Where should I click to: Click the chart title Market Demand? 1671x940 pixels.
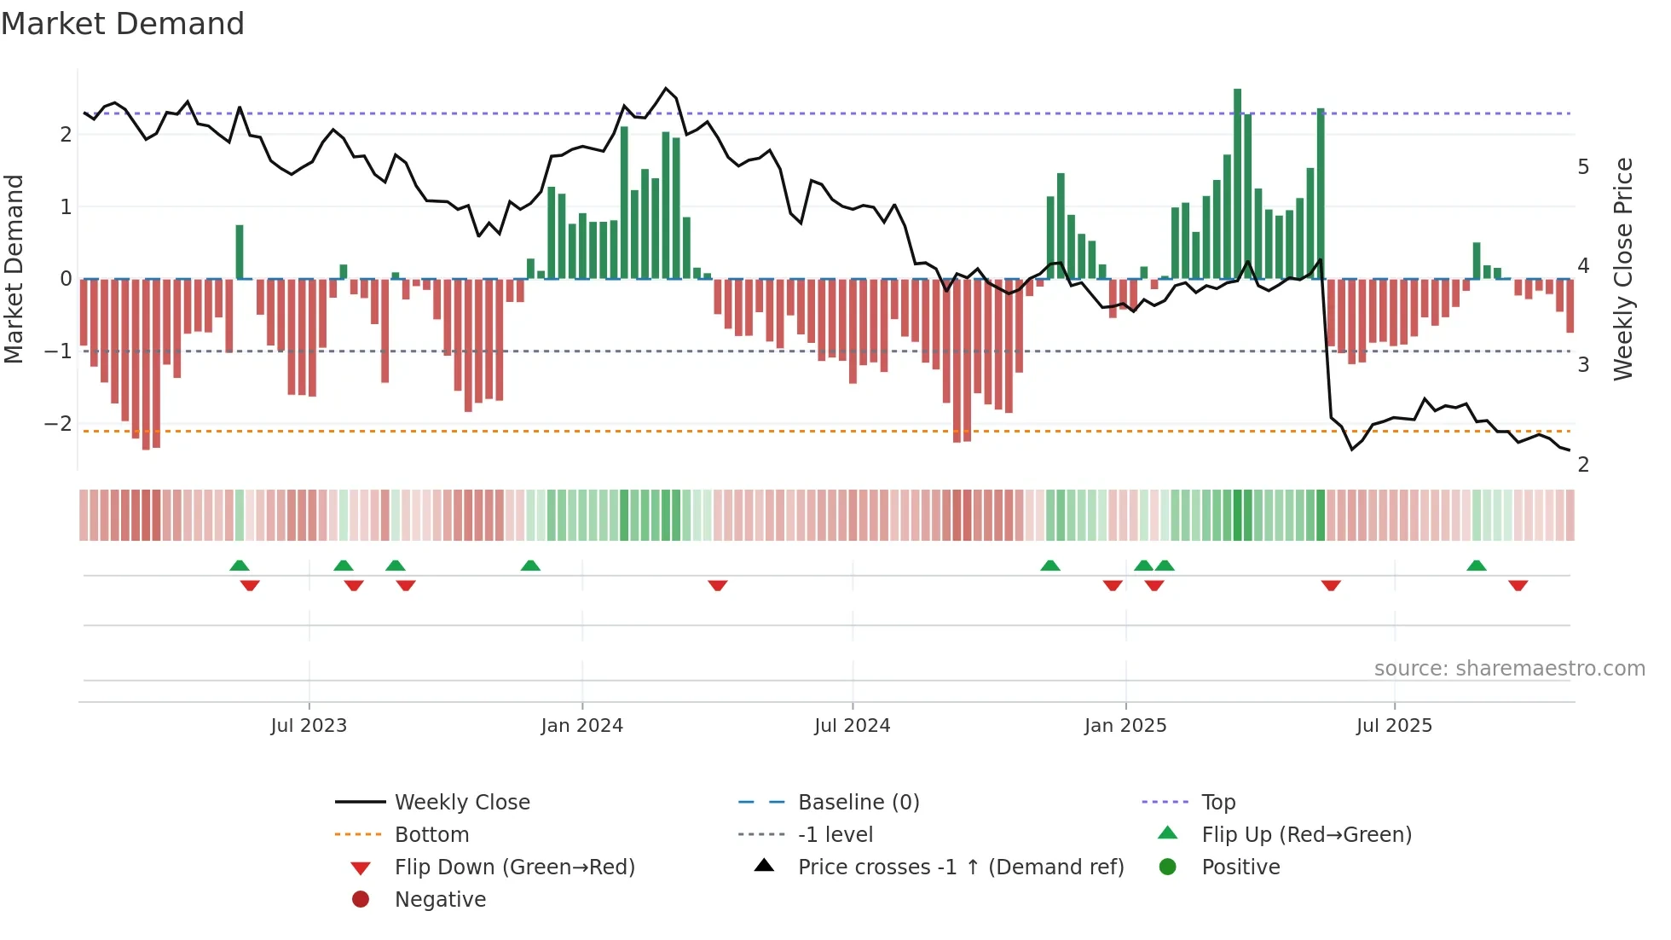(x=123, y=24)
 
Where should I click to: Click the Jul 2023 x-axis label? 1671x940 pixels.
(x=309, y=726)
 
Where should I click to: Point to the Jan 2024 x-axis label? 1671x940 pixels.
(x=581, y=726)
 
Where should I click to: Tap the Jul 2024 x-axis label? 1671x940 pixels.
(x=852, y=726)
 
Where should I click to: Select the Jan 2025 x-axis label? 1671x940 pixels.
(x=1125, y=726)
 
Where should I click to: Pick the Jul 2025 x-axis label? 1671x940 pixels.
(x=1394, y=726)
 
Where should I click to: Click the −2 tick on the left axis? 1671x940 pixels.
(x=58, y=424)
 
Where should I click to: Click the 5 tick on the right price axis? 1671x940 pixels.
(x=1583, y=167)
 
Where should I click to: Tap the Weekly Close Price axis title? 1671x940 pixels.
(x=1623, y=269)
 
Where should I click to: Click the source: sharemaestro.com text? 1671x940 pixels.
(x=1509, y=669)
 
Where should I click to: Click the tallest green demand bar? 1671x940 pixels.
(x=1237, y=183)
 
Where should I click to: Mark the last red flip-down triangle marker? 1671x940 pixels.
(x=1518, y=585)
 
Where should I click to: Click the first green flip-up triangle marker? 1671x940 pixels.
(x=240, y=566)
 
